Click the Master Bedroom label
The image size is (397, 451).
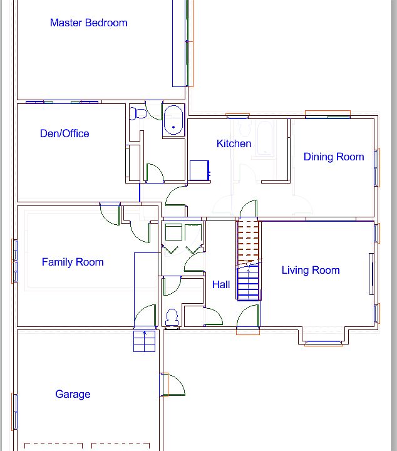pos(88,23)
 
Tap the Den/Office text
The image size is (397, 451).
pos(64,133)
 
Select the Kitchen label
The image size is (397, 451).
pos(234,144)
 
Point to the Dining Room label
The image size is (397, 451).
pos(334,157)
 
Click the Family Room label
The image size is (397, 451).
pos(73,262)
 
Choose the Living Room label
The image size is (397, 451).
pos(311,271)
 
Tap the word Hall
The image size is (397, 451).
pos(221,284)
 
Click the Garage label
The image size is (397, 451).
pos(73,395)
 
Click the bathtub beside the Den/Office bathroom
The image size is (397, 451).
pos(173,120)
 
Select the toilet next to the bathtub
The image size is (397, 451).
pos(138,114)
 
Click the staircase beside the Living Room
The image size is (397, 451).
pos(248,260)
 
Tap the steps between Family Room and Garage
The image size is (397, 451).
pos(144,341)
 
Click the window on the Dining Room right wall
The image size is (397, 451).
pos(378,167)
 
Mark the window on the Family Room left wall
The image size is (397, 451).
pos(14,261)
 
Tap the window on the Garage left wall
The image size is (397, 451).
pos(14,412)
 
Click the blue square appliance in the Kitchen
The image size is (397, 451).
pos(200,170)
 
